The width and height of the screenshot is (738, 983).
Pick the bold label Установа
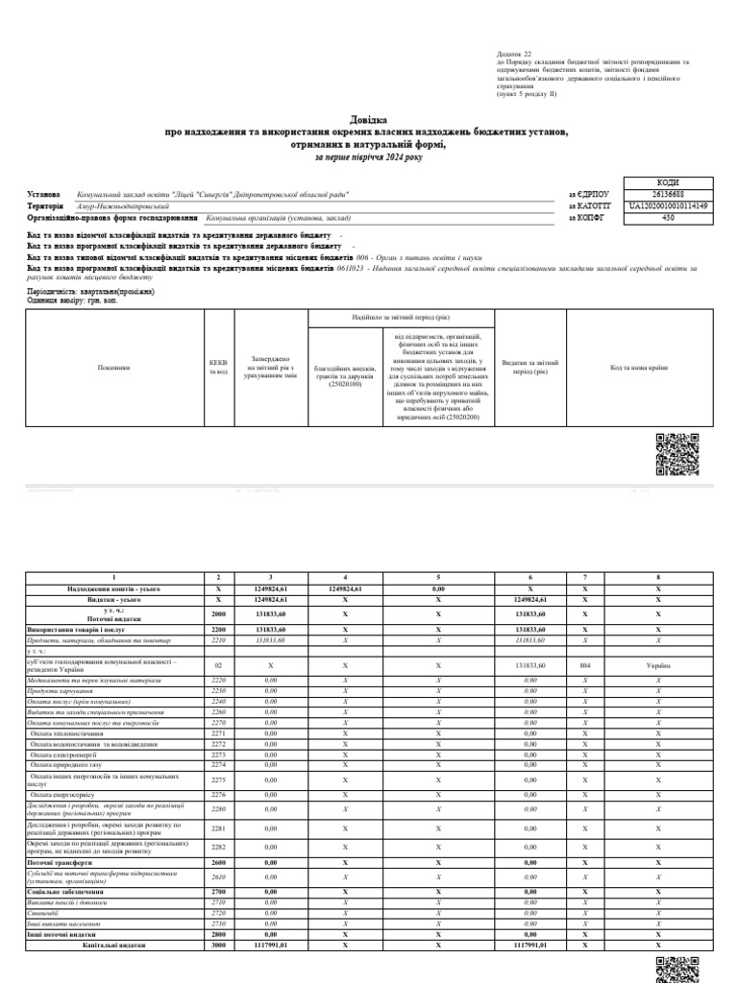click(x=44, y=194)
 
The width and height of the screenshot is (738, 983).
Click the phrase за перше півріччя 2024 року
click(x=368, y=156)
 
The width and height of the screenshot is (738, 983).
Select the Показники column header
click(x=113, y=368)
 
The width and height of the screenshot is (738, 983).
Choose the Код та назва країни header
click(x=638, y=368)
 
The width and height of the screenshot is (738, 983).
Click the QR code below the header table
click(x=676, y=454)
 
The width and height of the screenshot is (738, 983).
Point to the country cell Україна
click(x=658, y=664)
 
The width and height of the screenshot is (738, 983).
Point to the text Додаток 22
click(x=513, y=56)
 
